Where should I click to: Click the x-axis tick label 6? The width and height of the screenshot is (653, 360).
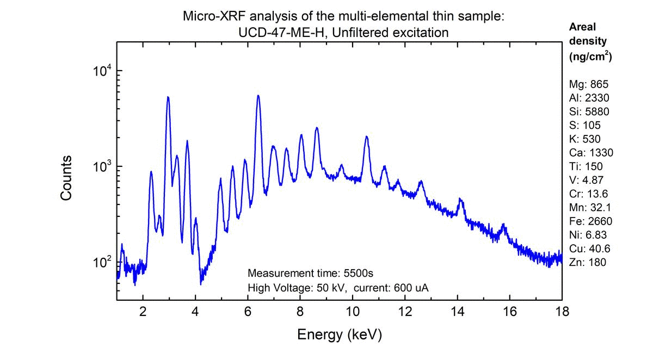click(x=248, y=312)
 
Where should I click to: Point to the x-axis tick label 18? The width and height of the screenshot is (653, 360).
click(x=562, y=312)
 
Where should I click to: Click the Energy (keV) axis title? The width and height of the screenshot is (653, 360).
click(x=339, y=335)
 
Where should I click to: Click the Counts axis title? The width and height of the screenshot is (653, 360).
click(x=66, y=178)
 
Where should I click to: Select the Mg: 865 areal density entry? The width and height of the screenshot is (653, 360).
click(x=587, y=84)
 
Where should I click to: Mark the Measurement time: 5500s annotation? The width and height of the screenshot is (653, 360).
click(x=310, y=272)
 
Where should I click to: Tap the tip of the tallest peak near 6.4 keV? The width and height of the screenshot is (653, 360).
click(x=258, y=96)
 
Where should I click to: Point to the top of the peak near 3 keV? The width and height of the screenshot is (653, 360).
click(x=168, y=97)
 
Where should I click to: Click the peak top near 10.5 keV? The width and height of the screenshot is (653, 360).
click(x=366, y=136)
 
